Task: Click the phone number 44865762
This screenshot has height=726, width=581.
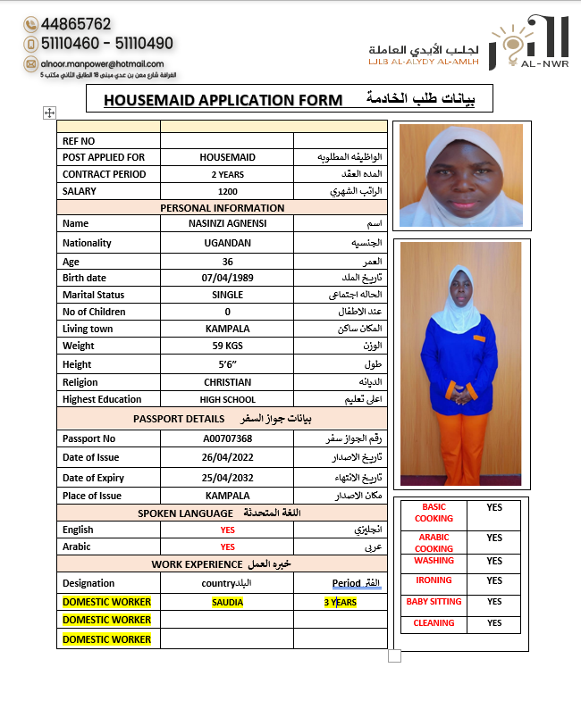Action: click(76, 24)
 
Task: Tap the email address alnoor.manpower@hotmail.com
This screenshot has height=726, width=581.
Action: click(102, 63)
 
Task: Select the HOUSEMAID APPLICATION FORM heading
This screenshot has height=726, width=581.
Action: click(223, 100)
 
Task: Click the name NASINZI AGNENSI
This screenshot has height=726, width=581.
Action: click(227, 223)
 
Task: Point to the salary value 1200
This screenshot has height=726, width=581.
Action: click(227, 191)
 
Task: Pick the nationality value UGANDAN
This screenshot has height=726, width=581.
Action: click(227, 243)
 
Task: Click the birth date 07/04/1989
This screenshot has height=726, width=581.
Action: click(227, 278)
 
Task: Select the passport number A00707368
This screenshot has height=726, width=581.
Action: click(227, 438)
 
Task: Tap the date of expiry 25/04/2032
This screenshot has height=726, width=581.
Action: click(227, 477)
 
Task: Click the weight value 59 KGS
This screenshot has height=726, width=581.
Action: click(227, 346)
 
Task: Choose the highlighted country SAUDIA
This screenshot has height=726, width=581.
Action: click(227, 602)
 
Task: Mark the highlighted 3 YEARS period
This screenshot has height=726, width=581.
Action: click(340, 602)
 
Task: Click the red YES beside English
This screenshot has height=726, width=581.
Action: click(227, 530)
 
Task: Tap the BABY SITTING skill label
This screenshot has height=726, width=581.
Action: click(434, 602)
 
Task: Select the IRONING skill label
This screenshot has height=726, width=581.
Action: click(434, 580)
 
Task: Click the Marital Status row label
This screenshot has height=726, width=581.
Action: click(93, 295)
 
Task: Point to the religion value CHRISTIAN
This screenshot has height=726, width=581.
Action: click(227, 382)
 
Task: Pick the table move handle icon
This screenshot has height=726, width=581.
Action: click(49, 113)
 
